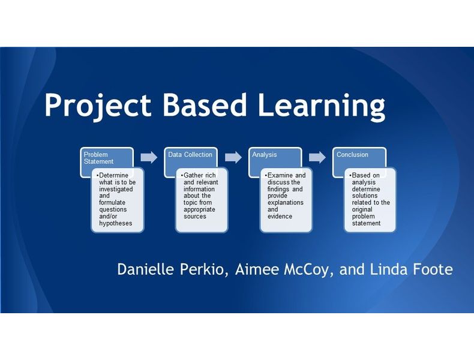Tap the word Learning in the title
[x=322, y=106]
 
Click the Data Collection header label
[x=190, y=155]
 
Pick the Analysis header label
[x=265, y=155]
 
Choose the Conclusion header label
[x=352, y=155]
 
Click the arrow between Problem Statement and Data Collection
[x=149, y=157]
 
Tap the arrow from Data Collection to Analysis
[x=233, y=157]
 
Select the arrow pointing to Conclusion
[x=317, y=157]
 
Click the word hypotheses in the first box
[x=115, y=223]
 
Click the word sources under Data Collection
[x=195, y=217]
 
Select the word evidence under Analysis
[x=280, y=217]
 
